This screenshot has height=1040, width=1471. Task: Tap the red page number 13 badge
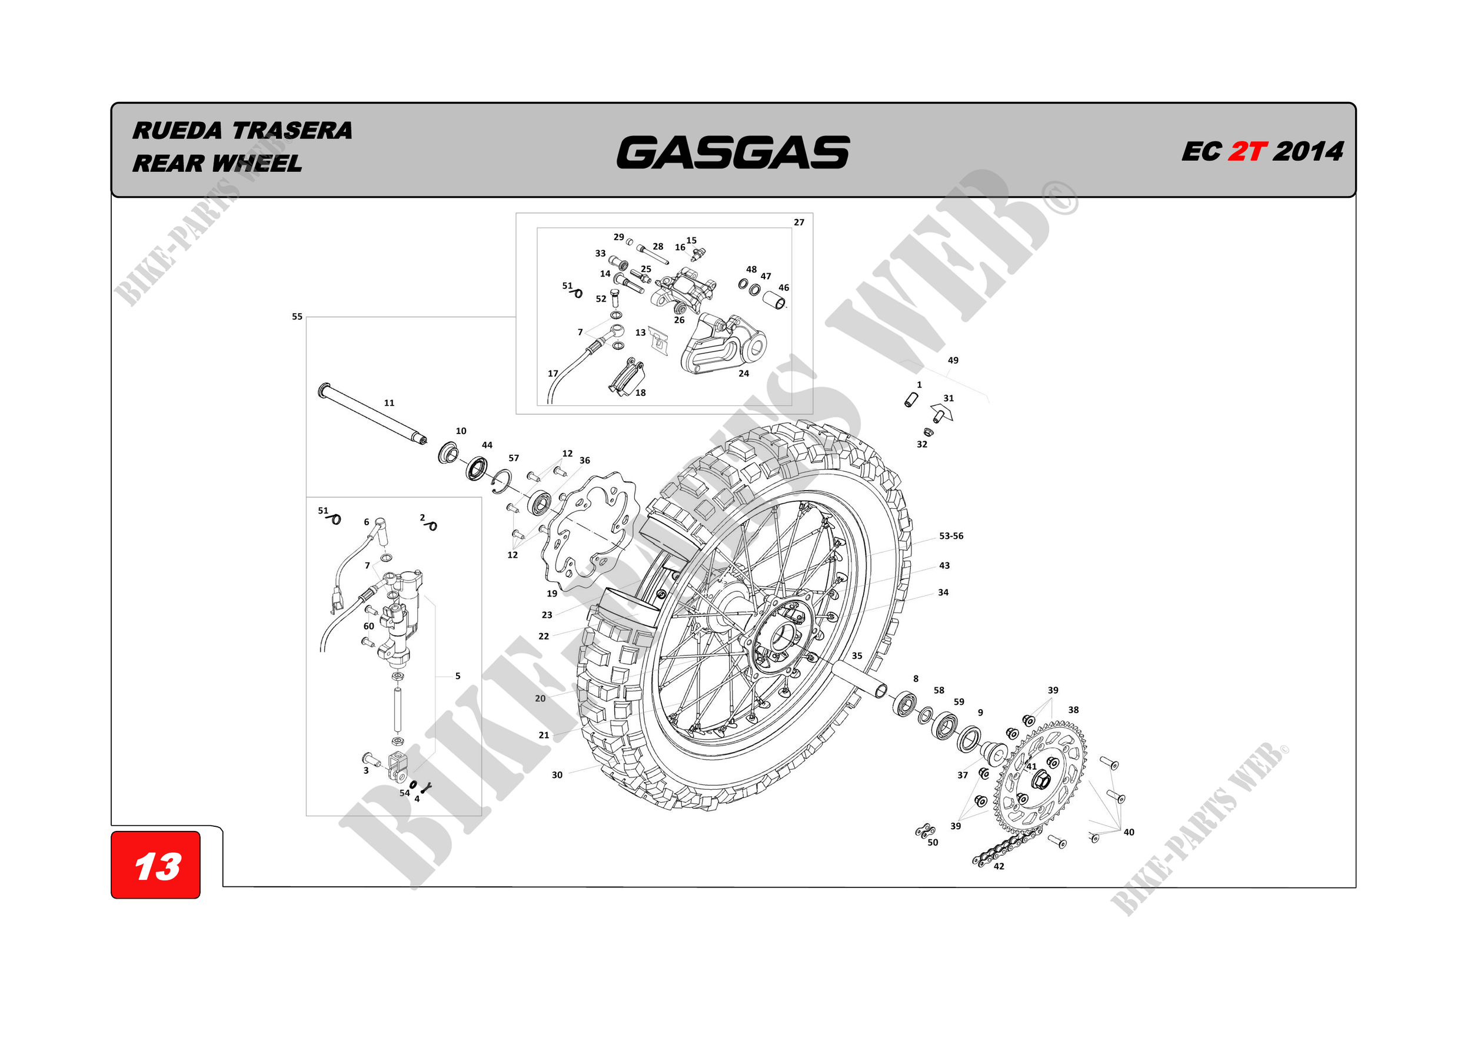(x=156, y=866)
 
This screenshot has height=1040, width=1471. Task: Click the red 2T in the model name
(x=1247, y=152)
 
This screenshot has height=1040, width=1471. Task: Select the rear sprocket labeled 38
(x=1041, y=779)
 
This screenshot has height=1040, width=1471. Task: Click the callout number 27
(x=799, y=223)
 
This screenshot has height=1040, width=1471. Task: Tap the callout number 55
(x=297, y=317)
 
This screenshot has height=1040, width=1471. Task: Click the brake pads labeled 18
(x=626, y=379)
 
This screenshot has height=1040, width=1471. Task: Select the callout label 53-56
(x=951, y=536)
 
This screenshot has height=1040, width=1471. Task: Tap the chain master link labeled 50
(x=924, y=832)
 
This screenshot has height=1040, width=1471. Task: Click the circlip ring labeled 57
(x=501, y=482)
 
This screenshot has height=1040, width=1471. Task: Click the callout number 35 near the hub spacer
(x=857, y=656)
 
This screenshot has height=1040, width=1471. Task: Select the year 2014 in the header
(x=1308, y=152)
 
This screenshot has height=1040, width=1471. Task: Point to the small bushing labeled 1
(x=910, y=399)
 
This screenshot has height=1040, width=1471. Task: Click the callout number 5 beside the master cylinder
(x=457, y=676)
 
